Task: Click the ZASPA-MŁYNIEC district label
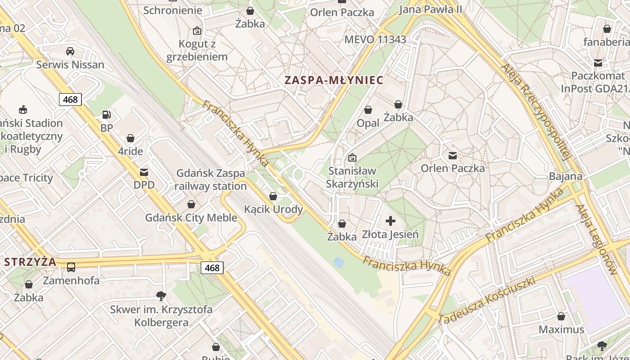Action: point(334,81)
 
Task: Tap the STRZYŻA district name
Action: point(30,262)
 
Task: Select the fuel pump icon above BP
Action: point(107,115)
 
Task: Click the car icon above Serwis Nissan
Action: point(70,51)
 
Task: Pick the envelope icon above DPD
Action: point(144,172)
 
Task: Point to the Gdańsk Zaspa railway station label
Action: point(210,180)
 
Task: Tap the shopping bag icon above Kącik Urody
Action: point(273,197)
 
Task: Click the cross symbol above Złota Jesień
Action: point(391,221)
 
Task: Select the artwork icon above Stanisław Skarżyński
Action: point(352,158)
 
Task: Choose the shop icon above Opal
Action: point(368,110)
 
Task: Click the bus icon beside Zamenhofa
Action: point(71,267)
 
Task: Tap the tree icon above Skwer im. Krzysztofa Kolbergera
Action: point(161,296)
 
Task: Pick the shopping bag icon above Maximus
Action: point(561,317)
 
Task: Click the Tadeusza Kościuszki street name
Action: point(487,300)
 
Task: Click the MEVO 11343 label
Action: point(375,40)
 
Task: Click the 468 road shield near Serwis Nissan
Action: point(70,99)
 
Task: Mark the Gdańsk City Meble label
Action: point(191,218)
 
